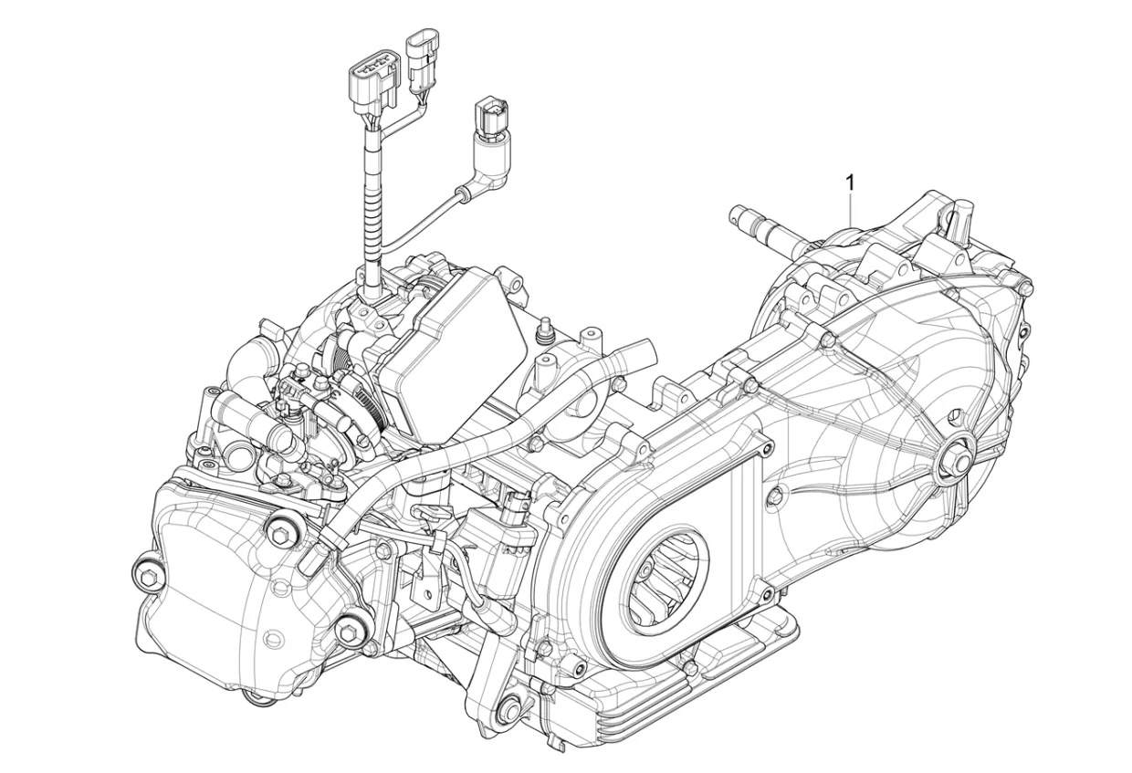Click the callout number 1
(x=851, y=183)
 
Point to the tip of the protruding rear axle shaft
(x=739, y=215)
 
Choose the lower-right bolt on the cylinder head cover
(x=348, y=630)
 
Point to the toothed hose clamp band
(x=361, y=402)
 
